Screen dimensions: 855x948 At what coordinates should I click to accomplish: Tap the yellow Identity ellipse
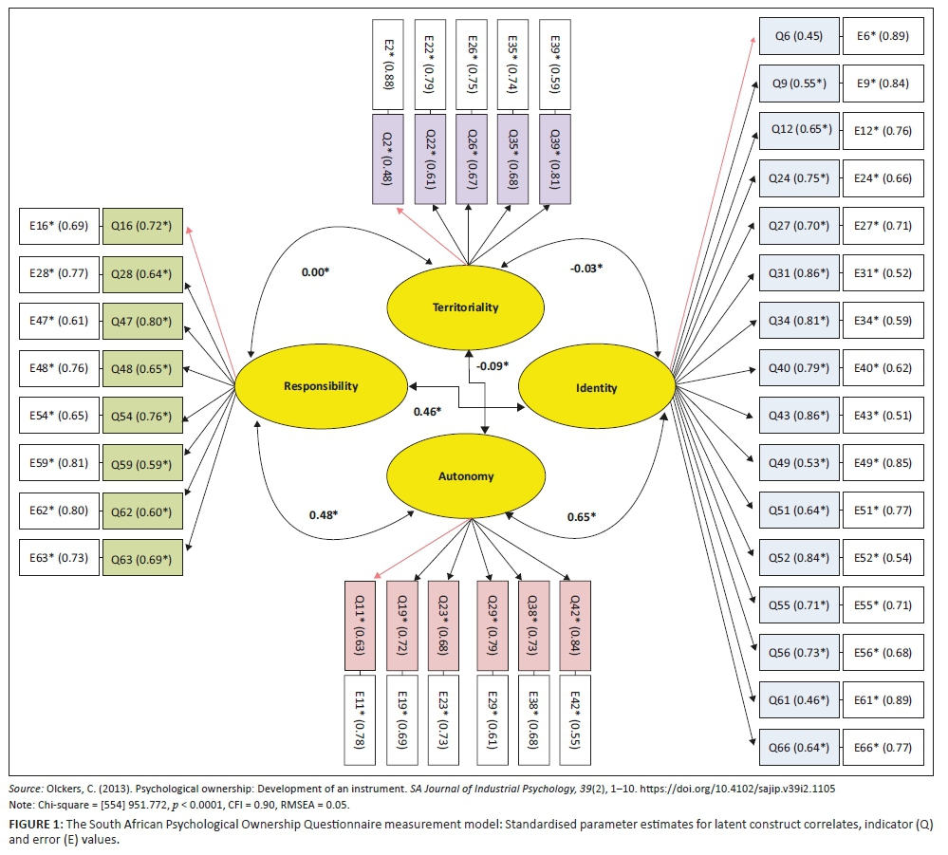coord(596,387)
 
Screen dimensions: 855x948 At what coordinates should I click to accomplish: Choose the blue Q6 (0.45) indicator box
coord(798,36)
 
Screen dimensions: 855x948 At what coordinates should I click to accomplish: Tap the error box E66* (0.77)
coord(883,748)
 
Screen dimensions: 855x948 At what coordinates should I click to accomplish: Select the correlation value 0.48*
coord(324,514)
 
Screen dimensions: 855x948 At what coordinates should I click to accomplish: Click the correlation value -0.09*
coord(493,364)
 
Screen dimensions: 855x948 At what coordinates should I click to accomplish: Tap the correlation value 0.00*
coord(315,271)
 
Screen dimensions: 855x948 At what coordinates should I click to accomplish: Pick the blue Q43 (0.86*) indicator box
coord(798,416)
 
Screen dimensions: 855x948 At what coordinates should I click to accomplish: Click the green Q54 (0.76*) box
coord(142,416)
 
